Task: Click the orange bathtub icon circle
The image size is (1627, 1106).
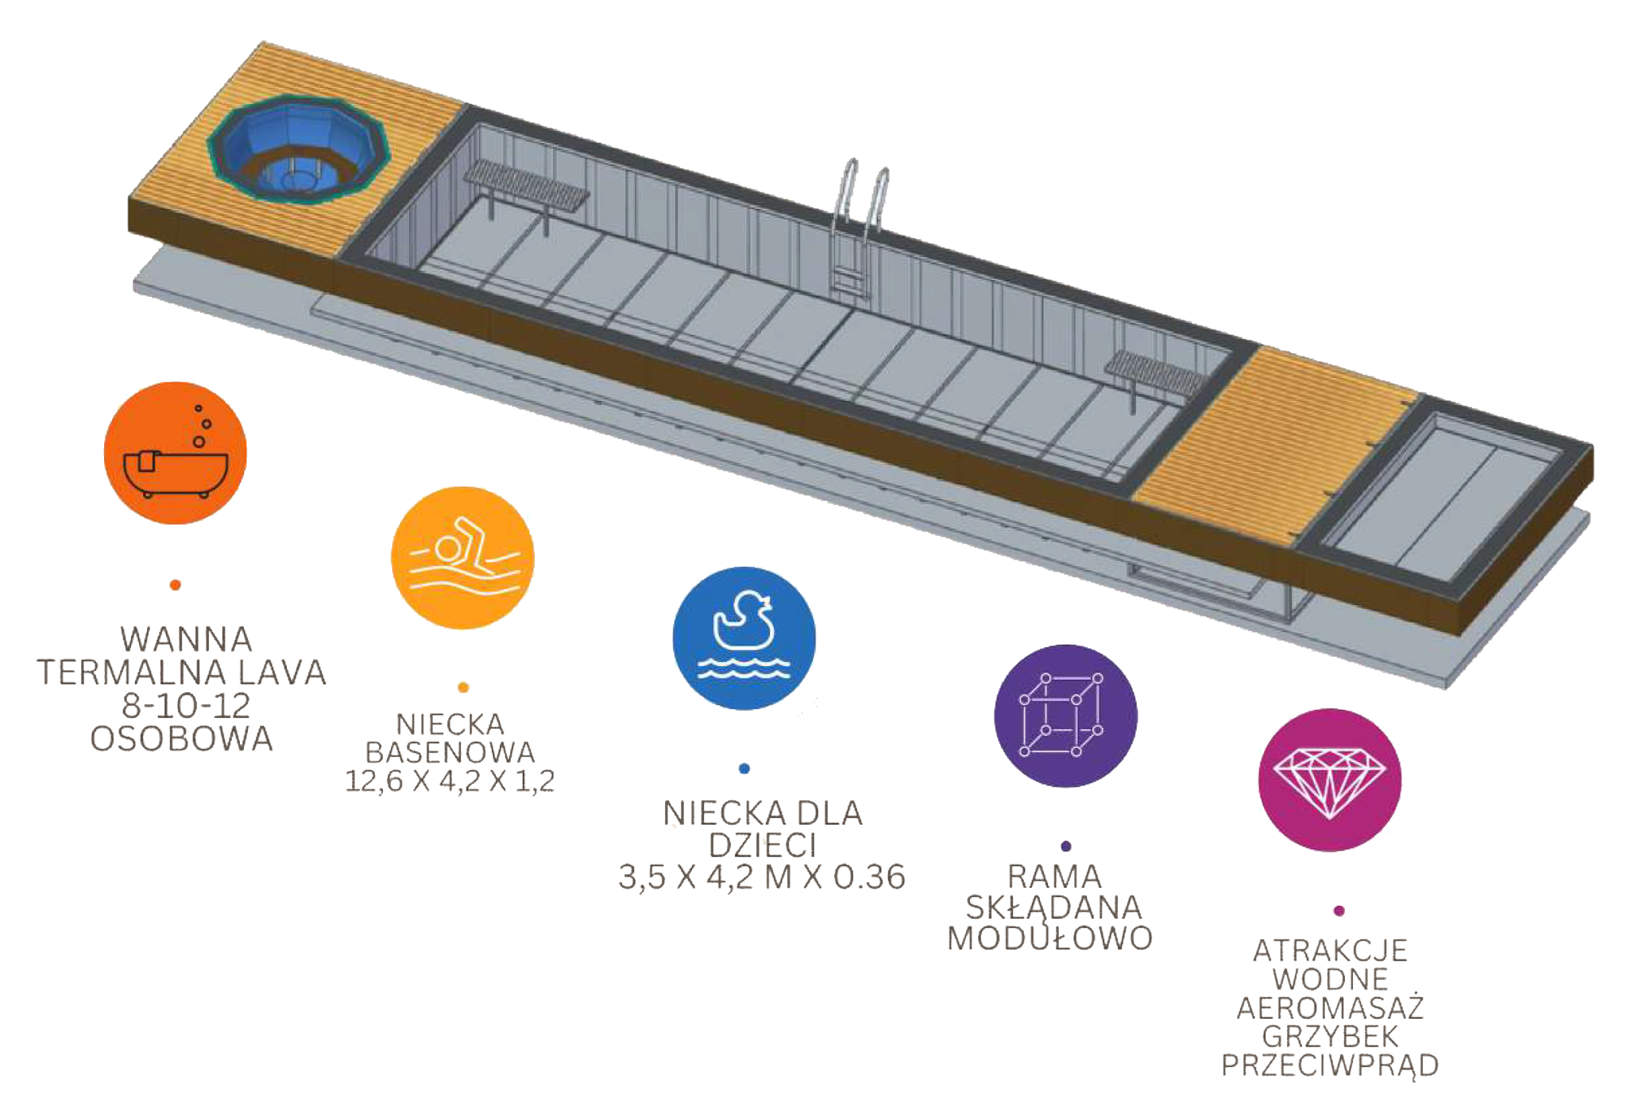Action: coord(176,459)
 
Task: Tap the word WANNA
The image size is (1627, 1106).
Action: coord(186,638)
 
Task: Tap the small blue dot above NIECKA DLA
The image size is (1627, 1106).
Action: coord(744,768)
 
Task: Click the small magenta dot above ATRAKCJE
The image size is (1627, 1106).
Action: coord(1339,910)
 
